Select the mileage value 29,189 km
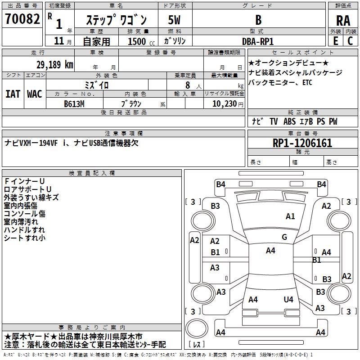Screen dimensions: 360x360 click(55, 65)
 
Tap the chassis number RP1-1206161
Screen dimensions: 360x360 click(302, 144)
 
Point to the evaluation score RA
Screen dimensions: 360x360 click(343, 20)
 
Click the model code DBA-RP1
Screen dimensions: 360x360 click(258, 41)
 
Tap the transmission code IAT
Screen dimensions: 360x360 click(13, 94)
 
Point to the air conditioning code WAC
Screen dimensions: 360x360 click(34, 94)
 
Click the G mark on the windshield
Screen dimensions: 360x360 click(284, 237)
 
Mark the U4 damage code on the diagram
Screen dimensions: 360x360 click(288, 299)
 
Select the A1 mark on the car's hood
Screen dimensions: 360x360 click(291, 216)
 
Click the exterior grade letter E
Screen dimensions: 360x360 click(335, 40)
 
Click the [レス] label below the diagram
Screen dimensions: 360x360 click(197, 345)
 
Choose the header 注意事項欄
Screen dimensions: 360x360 click(124, 134)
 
